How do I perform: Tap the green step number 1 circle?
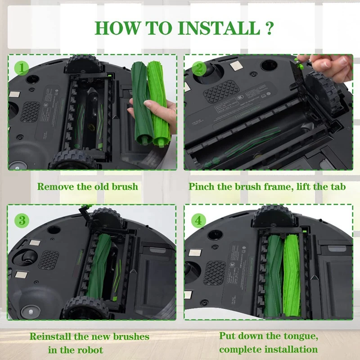click(22, 68)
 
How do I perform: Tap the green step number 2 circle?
click(198, 68)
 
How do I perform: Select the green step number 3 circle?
click(22, 220)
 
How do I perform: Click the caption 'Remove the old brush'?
click(87, 186)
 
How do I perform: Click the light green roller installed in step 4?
click(291, 274)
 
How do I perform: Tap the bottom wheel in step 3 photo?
click(85, 309)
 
